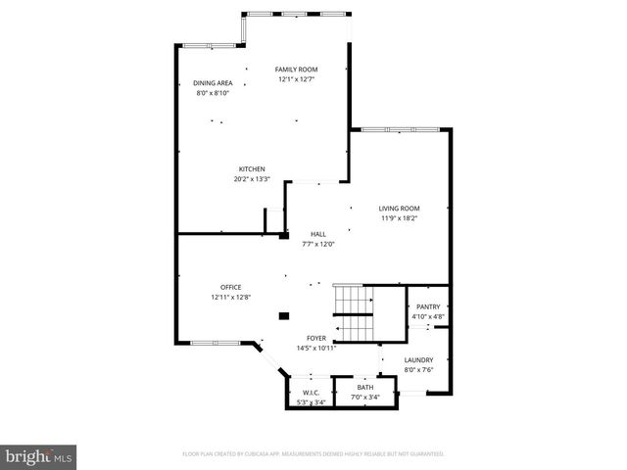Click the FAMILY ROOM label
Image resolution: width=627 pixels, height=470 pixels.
(296, 70)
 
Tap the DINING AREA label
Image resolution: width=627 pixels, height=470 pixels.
(213, 83)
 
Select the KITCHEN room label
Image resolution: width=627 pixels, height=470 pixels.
(252, 169)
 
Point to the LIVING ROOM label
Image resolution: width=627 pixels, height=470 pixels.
(400, 209)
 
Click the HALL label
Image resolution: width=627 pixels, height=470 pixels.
(318, 234)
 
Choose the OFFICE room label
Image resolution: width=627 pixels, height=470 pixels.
(231, 287)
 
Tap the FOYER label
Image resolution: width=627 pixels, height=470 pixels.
(316, 338)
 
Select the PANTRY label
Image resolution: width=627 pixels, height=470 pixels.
(428, 306)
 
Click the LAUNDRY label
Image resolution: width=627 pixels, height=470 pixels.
(418, 359)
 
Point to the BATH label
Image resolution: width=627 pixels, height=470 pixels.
(365, 387)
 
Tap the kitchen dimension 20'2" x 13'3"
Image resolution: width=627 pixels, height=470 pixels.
(252, 179)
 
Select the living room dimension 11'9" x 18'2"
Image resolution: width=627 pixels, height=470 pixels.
(400, 218)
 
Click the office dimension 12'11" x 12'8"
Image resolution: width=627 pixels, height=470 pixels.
(231, 297)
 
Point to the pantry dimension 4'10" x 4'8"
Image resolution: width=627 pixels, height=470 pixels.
(428, 316)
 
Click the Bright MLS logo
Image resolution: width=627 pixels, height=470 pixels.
(39, 456)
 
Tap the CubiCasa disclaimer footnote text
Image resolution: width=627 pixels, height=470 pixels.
(313, 454)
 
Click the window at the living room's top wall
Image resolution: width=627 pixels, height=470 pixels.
(402, 129)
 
